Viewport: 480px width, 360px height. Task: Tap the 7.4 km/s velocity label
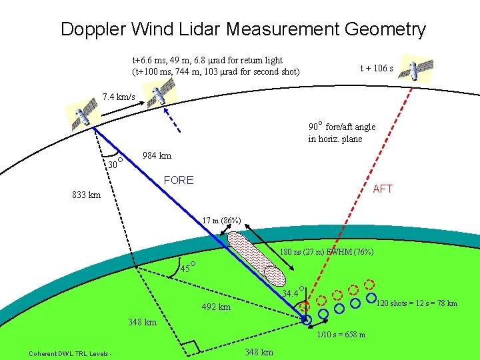coord(119,98)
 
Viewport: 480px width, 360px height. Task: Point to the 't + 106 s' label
coord(377,68)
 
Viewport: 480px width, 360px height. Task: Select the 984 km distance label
coord(157,156)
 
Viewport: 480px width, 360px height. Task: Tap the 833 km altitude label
coord(87,195)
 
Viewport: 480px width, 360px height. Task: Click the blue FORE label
coord(179,180)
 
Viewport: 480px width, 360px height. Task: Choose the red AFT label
coord(383,189)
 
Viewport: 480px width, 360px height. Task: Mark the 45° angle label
coord(189,269)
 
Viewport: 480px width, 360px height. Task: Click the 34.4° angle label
coord(292,293)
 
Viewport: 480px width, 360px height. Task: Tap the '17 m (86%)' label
coord(222,221)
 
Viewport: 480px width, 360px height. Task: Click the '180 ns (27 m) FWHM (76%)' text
coord(326,252)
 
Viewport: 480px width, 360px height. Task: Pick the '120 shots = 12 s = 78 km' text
coord(417,304)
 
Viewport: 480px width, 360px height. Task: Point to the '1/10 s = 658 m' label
coord(341,335)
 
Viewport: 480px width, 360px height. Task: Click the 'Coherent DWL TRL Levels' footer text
coord(69,353)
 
